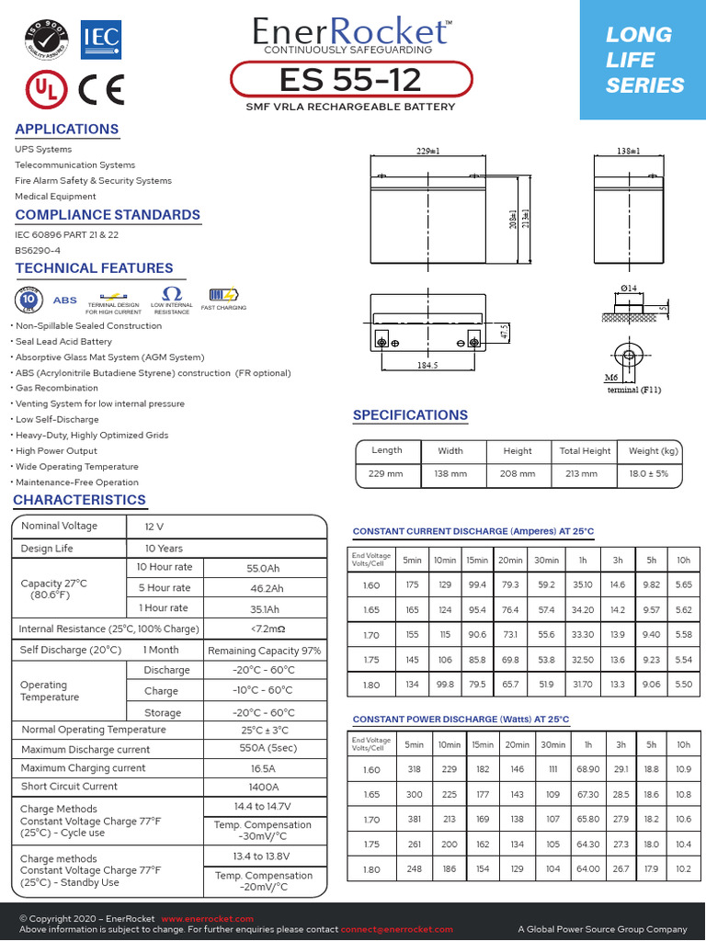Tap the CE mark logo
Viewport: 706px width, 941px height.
[x=101, y=88]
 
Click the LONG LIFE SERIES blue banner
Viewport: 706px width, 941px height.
[x=643, y=60]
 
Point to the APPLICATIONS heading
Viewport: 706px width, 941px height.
[x=67, y=130]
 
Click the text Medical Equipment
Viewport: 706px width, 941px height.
[x=55, y=197]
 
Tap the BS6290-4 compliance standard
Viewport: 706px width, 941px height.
[x=38, y=250]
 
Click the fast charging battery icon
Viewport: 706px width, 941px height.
[x=223, y=296]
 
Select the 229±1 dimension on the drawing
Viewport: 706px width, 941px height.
[x=427, y=150]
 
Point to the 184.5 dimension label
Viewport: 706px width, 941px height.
[x=427, y=365]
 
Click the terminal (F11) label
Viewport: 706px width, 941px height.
[x=634, y=390]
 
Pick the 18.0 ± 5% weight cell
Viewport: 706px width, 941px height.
[x=655, y=474]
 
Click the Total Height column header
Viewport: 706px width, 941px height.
[x=585, y=451]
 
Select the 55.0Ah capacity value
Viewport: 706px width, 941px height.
[x=265, y=569]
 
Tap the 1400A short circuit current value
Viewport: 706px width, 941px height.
[x=265, y=787]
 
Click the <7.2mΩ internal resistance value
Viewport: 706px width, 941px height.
[x=265, y=629]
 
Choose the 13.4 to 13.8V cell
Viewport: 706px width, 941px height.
[x=265, y=856]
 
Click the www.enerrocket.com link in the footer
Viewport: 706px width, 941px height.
[x=207, y=919]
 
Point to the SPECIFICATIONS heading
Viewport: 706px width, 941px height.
[x=410, y=415]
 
